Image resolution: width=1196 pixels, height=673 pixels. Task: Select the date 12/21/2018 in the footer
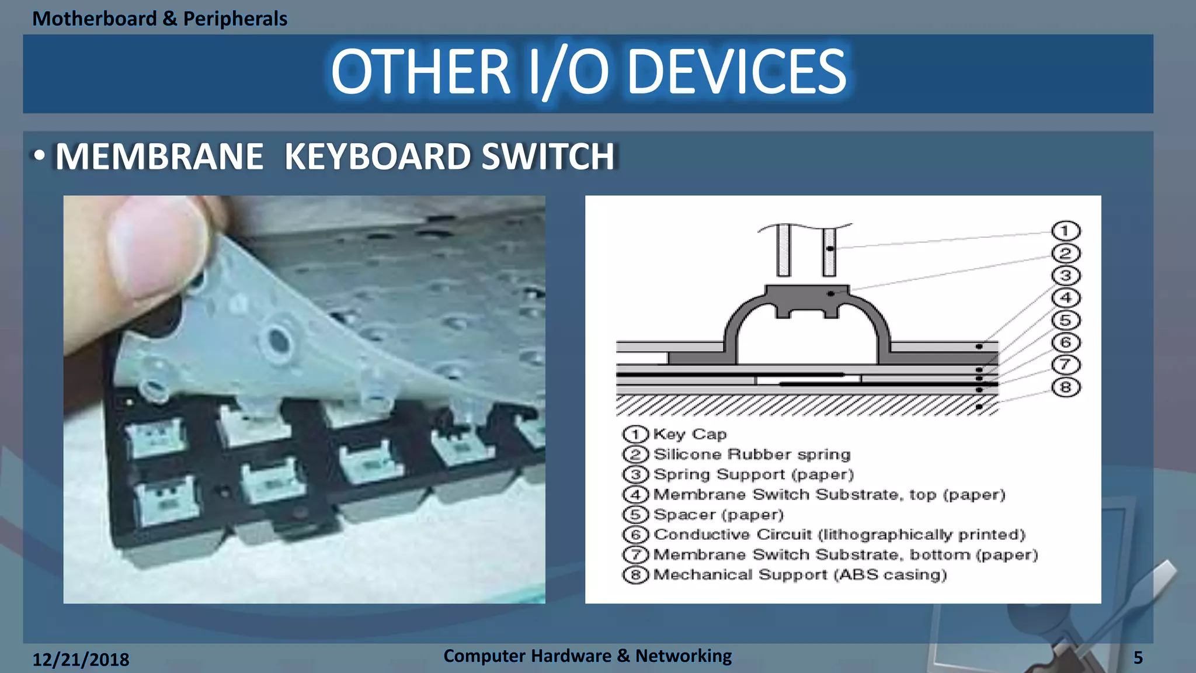[x=81, y=660]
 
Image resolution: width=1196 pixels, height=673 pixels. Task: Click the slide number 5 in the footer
[x=1138, y=658]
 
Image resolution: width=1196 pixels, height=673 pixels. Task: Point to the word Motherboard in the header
[x=94, y=19]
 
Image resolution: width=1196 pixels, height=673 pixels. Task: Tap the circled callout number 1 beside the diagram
[x=1065, y=231]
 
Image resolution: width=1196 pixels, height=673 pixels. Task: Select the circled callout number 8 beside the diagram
[x=1065, y=387]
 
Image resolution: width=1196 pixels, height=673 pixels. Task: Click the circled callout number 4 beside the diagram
[x=1065, y=298]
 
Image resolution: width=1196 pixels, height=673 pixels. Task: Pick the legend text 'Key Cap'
[x=690, y=434]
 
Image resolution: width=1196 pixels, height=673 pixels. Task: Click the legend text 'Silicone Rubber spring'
[x=752, y=455]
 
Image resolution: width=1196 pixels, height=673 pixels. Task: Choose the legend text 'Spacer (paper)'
[x=718, y=515]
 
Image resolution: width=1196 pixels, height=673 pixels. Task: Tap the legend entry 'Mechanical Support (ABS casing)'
[x=799, y=575]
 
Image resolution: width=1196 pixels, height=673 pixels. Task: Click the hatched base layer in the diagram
[x=806, y=405]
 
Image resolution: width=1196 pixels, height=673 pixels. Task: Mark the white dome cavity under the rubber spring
[x=807, y=339]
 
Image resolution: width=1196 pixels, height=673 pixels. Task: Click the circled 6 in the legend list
[x=635, y=535]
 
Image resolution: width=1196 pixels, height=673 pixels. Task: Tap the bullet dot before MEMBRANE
[x=39, y=156]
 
